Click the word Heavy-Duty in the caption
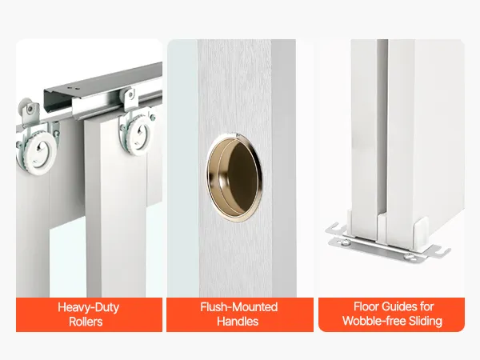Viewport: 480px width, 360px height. pyautogui.click(x=88, y=307)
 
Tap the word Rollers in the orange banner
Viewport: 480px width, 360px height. pyautogui.click(x=86, y=322)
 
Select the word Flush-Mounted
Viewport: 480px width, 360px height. pyautogui.click(x=239, y=307)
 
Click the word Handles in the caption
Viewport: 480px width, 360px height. pyautogui.click(x=238, y=322)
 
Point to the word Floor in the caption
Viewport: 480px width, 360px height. pyautogui.click(x=366, y=306)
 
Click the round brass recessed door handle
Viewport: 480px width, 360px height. pyautogui.click(x=234, y=177)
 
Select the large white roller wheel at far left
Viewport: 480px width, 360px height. pyautogui.click(x=38, y=152)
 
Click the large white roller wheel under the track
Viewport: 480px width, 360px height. pyautogui.click(x=137, y=134)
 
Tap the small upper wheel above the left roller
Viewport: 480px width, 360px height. pyautogui.click(x=26, y=106)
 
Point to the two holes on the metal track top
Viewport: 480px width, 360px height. pyautogui.click(x=75, y=89)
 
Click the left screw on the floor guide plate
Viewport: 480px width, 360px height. pyautogui.click(x=345, y=242)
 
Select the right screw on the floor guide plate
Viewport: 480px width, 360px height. pyautogui.click(x=410, y=257)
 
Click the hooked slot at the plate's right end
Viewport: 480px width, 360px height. pyautogui.click(x=442, y=251)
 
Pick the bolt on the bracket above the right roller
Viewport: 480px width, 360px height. pyautogui.click(x=131, y=94)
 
